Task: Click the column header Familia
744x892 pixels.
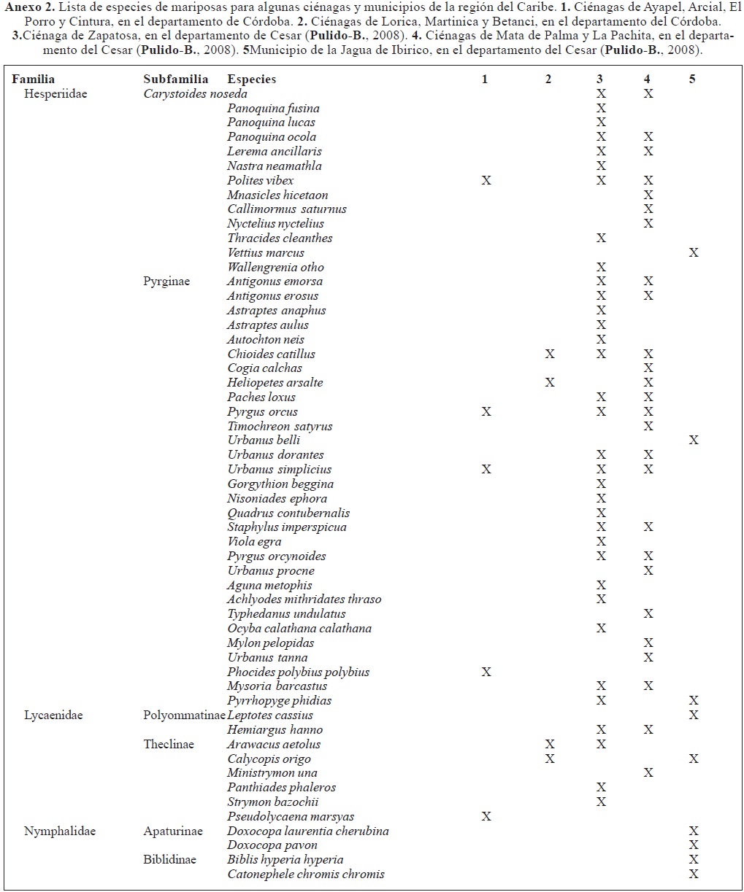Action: point(33,79)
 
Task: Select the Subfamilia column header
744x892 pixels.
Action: point(176,79)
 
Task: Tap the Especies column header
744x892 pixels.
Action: point(252,79)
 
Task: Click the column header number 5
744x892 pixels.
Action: point(692,79)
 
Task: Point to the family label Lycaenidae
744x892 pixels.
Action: point(53,715)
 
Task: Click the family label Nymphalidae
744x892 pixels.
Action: point(60,831)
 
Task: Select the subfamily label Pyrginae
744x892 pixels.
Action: point(166,282)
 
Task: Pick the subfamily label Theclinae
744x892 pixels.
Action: point(169,744)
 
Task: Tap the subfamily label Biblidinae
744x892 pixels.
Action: point(170,860)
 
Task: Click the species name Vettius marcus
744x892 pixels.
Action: point(266,252)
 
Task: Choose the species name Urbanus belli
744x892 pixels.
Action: point(264,440)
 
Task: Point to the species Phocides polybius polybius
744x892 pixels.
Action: point(298,672)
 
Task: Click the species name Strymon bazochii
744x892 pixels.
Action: point(272,802)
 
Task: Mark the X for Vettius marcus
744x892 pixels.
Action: point(694,252)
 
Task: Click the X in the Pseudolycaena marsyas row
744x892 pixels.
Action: point(486,816)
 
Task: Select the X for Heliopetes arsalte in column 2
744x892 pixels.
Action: point(550,382)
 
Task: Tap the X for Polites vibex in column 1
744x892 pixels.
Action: point(486,180)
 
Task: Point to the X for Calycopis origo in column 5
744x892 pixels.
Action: point(694,759)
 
